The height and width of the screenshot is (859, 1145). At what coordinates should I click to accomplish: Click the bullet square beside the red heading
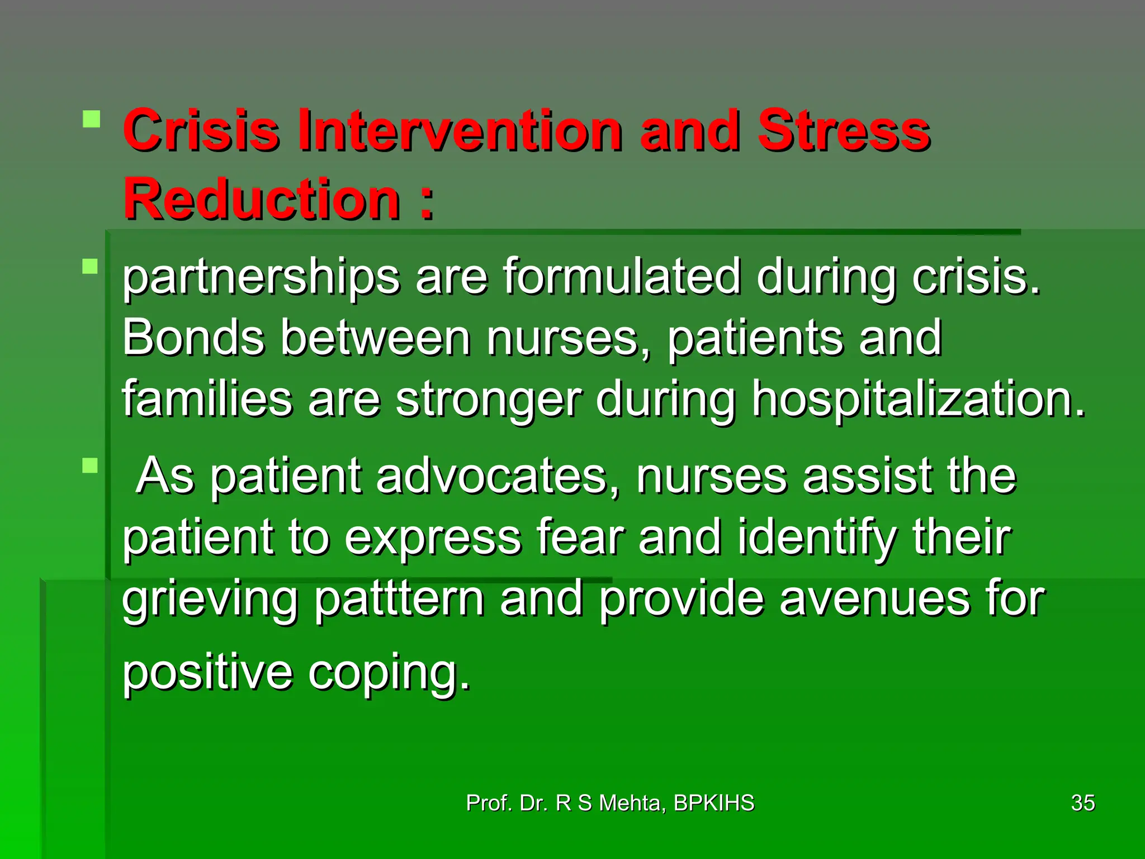click(x=91, y=119)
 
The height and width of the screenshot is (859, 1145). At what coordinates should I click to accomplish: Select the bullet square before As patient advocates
click(x=90, y=465)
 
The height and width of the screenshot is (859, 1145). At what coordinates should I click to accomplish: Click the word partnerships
click(x=261, y=278)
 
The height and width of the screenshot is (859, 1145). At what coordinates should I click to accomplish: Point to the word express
click(x=432, y=539)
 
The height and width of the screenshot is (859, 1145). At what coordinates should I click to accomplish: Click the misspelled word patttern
click(x=398, y=600)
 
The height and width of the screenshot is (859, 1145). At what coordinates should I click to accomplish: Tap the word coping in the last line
click(x=389, y=673)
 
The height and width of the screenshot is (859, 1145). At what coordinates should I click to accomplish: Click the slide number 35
click(x=1082, y=803)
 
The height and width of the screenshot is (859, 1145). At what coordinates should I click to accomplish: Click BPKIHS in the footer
click(x=714, y=803)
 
